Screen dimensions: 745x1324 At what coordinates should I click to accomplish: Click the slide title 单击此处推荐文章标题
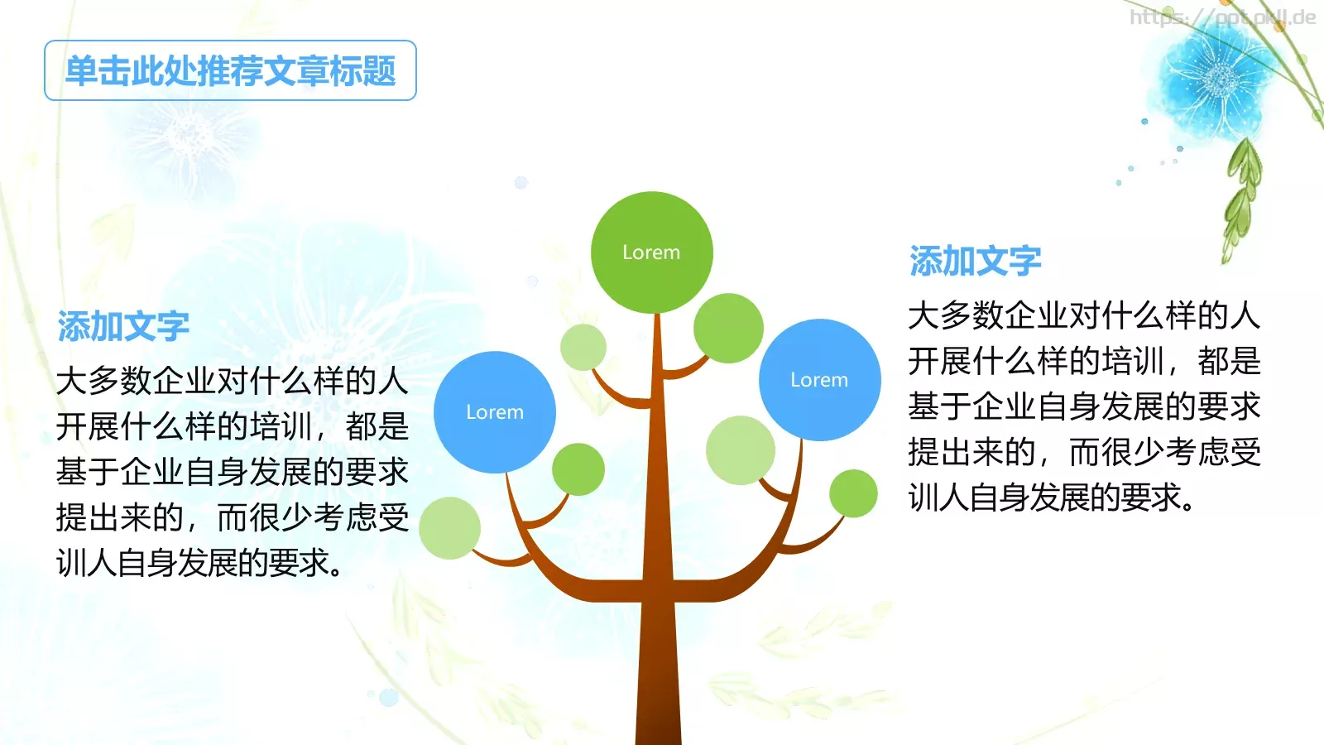point(230,71)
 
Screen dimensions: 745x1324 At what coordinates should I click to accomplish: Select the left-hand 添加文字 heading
point(123,327)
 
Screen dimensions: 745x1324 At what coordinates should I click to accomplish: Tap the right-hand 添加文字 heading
point(975,262)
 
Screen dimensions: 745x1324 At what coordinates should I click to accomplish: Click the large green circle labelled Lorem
point(651,252)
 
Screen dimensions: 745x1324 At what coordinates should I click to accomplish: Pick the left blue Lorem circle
point(495,412)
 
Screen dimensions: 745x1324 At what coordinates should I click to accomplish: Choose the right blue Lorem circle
point(819,380)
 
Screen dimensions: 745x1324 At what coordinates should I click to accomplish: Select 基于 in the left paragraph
point(88,473)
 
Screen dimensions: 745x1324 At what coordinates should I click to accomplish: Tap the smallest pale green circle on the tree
point(583,347)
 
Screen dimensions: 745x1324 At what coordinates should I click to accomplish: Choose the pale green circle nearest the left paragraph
point(449,528)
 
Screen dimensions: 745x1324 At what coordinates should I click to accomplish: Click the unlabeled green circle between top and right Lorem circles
point(728,328)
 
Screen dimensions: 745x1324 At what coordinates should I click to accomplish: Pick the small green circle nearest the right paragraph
point(853,493)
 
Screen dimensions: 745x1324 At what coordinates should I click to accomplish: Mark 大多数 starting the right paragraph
point(956,316)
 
